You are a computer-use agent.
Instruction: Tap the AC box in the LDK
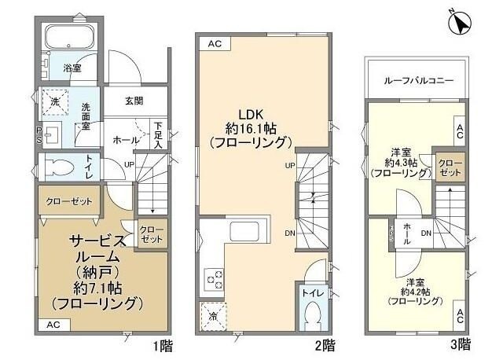215,45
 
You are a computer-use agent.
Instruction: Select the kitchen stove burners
214,277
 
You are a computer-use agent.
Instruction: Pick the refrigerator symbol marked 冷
213,316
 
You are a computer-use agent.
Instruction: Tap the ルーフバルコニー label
417,80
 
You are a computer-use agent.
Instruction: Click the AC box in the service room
53,324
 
